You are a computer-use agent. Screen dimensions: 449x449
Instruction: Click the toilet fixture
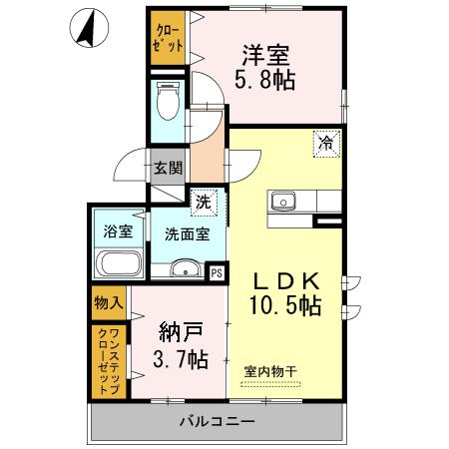click(167, 102)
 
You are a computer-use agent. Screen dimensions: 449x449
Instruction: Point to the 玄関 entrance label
click(168, 168)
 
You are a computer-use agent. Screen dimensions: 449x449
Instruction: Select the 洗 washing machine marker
click(203, 201)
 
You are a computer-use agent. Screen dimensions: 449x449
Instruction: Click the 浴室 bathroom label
click(119, 231)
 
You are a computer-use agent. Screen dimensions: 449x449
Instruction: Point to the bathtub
click(118, 266)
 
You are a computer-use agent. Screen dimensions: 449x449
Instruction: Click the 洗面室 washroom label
click(187, 234)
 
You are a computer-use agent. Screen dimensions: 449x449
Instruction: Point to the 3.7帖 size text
click(181, 358)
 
